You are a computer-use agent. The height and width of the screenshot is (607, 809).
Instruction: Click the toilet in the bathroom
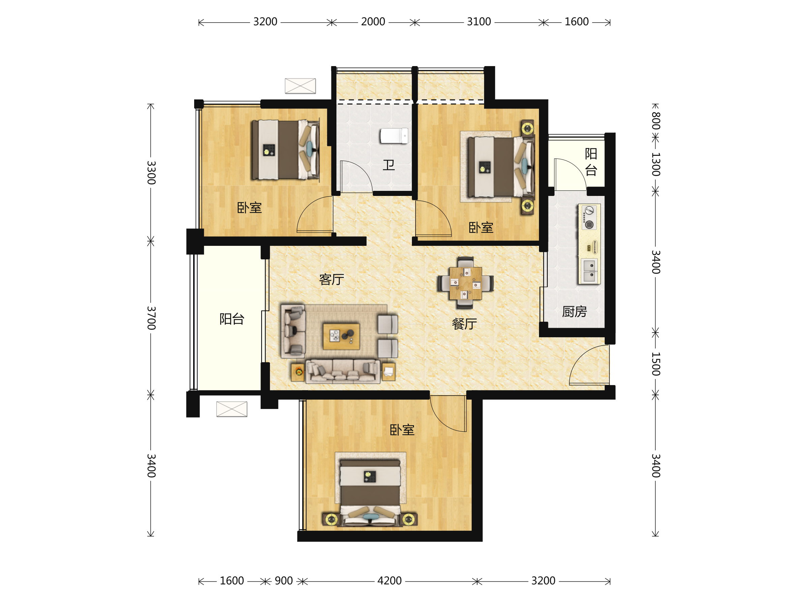pos(394,136)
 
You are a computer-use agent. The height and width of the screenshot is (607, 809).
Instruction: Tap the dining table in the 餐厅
pos(465,283)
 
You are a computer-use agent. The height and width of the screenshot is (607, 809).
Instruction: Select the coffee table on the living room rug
pos(341,336)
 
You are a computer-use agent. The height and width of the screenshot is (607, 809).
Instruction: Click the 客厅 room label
pos(331,280)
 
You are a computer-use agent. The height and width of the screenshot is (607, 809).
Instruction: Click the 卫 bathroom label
pos(388,165)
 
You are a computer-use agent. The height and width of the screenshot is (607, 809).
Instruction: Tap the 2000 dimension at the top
pos(373,22)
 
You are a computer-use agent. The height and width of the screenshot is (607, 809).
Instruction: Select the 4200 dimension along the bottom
pos(390,581)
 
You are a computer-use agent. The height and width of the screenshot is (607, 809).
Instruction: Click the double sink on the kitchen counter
pos(589,271)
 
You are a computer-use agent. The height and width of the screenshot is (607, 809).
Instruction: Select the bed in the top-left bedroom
pos(285,150)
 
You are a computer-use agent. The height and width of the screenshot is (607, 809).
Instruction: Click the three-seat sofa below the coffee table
pos(343,371)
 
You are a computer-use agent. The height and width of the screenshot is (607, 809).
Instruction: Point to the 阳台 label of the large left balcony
pos(232,319)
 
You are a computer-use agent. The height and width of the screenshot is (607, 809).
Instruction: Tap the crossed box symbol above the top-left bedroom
pos(300,86)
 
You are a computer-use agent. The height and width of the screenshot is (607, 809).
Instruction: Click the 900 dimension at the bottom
pos(284,581)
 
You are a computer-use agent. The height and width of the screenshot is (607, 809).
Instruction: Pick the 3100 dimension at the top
pos(479,22)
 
